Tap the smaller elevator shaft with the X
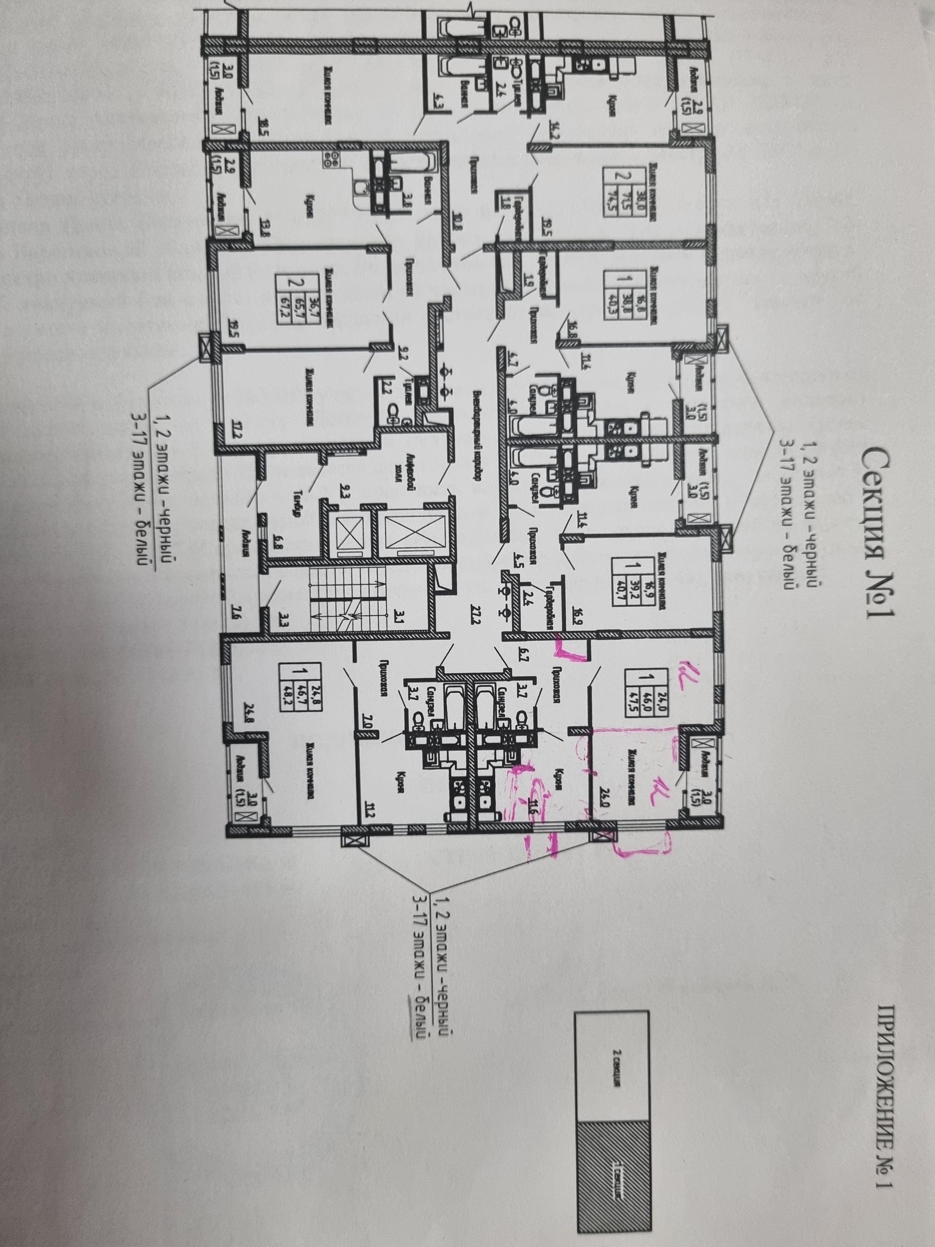click(350, 532)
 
